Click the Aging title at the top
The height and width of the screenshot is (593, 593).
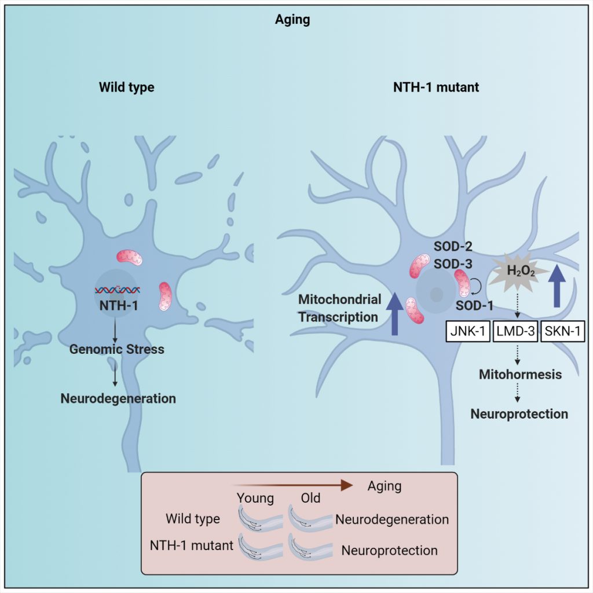(292, 20)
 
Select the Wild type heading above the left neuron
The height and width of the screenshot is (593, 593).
(126, 88)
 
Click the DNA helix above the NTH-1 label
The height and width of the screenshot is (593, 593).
(116, 289)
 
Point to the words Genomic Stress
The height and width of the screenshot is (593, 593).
(116, 349)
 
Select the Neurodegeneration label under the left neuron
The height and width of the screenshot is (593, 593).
(118, 398)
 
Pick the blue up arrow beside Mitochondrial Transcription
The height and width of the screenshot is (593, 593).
(395, 313)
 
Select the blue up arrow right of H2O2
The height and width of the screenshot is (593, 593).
(557, 285)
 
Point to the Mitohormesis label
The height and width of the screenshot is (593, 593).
(520, 374)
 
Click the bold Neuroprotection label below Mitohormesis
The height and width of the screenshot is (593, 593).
(519, 414)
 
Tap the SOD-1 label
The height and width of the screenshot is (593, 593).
(472, 305)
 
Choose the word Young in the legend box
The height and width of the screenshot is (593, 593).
(255, 498)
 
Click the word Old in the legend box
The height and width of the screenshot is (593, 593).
(310, 498)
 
